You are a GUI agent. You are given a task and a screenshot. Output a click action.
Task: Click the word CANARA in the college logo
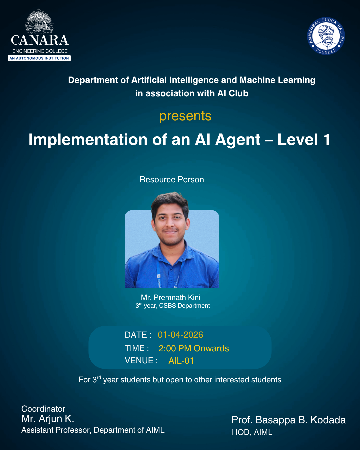click(40, 40)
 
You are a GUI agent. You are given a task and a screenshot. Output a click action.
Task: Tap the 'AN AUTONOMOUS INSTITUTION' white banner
click(39, 58)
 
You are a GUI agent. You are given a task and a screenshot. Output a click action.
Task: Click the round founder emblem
click(326, 36)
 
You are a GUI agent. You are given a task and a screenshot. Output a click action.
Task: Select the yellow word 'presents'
click(185, 116)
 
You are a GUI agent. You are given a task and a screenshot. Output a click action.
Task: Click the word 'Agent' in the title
click(238, 140)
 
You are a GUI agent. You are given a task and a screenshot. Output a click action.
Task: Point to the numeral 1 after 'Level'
click(326, 139)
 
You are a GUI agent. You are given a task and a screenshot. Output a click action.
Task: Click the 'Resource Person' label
click(172, 179)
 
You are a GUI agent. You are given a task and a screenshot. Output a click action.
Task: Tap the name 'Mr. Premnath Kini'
click(170, 297)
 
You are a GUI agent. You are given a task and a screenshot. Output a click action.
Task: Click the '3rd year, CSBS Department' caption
click(173, 306)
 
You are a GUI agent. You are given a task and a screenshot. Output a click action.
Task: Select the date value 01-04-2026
click(180, 335)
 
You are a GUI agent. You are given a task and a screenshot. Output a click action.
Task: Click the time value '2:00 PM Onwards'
click(194, 348)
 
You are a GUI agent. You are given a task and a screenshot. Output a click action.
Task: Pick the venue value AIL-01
click(181, 361)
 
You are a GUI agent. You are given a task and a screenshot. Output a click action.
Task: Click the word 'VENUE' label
click(139, 361)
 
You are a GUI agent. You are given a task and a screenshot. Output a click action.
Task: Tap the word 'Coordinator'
click(43, 409)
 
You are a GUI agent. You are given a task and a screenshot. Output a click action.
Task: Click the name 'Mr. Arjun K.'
click(48, 418)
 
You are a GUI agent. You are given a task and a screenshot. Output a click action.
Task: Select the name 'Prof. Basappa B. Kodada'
click(289, 420)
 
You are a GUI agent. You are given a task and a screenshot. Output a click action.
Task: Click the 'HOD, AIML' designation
click(252, 432)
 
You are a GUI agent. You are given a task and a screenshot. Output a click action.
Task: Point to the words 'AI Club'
click(233, 93)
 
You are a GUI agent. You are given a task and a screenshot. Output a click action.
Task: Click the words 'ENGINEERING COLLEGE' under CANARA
click(40, 51)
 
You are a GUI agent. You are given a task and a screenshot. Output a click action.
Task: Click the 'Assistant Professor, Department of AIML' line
click(93, 430)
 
